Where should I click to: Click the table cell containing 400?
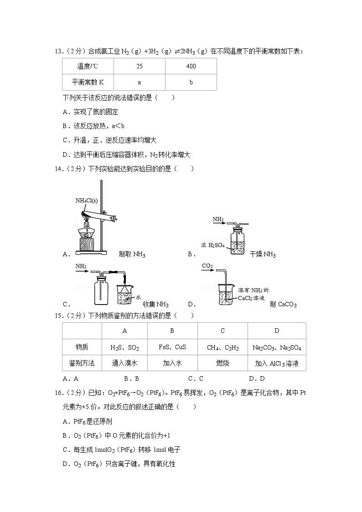pyautogui.click(x=191, y=67)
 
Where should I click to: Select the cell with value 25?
pyautogui.click(x=139, y=67)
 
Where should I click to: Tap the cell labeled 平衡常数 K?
pyautogui.click(x=88, y=83)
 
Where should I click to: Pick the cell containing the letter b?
pyautogui.click(x=191, y=83)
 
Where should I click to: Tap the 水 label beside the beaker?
pyautogui.click(x=139, y=297)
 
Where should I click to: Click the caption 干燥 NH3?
pyautogui.click(x=263, y=254)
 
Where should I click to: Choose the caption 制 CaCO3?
pyautogui.click(x=283, y=304)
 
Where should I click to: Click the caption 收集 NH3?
pyautogui.click(x=155, y=304)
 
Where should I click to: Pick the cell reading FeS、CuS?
pyautogui.click(x=172, y=347)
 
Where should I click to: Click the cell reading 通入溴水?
pyautogui.click(x=124, y=363)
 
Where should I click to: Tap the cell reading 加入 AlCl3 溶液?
pyautogui.click(x=277, y=363)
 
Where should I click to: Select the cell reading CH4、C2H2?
pyautogui.click(x=222, y=347)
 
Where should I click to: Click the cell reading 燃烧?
pyautogui.click(x=222, y=363)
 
